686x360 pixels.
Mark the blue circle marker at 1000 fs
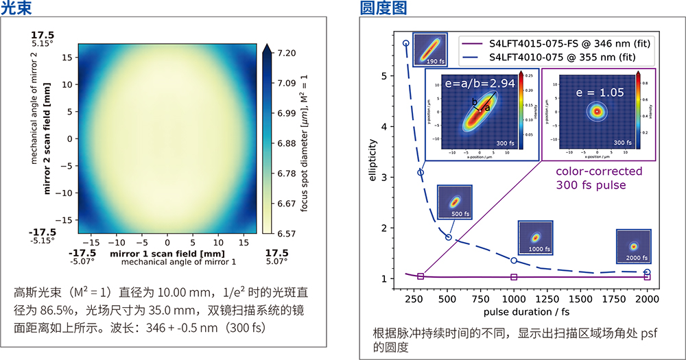pos(514,261)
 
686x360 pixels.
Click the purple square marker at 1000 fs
pos(514,277)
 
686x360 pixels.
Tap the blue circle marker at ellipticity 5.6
pos(405,43)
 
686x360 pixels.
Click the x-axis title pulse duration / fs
pos(525,312)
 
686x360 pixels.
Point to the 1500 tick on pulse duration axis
pos(581,300)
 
